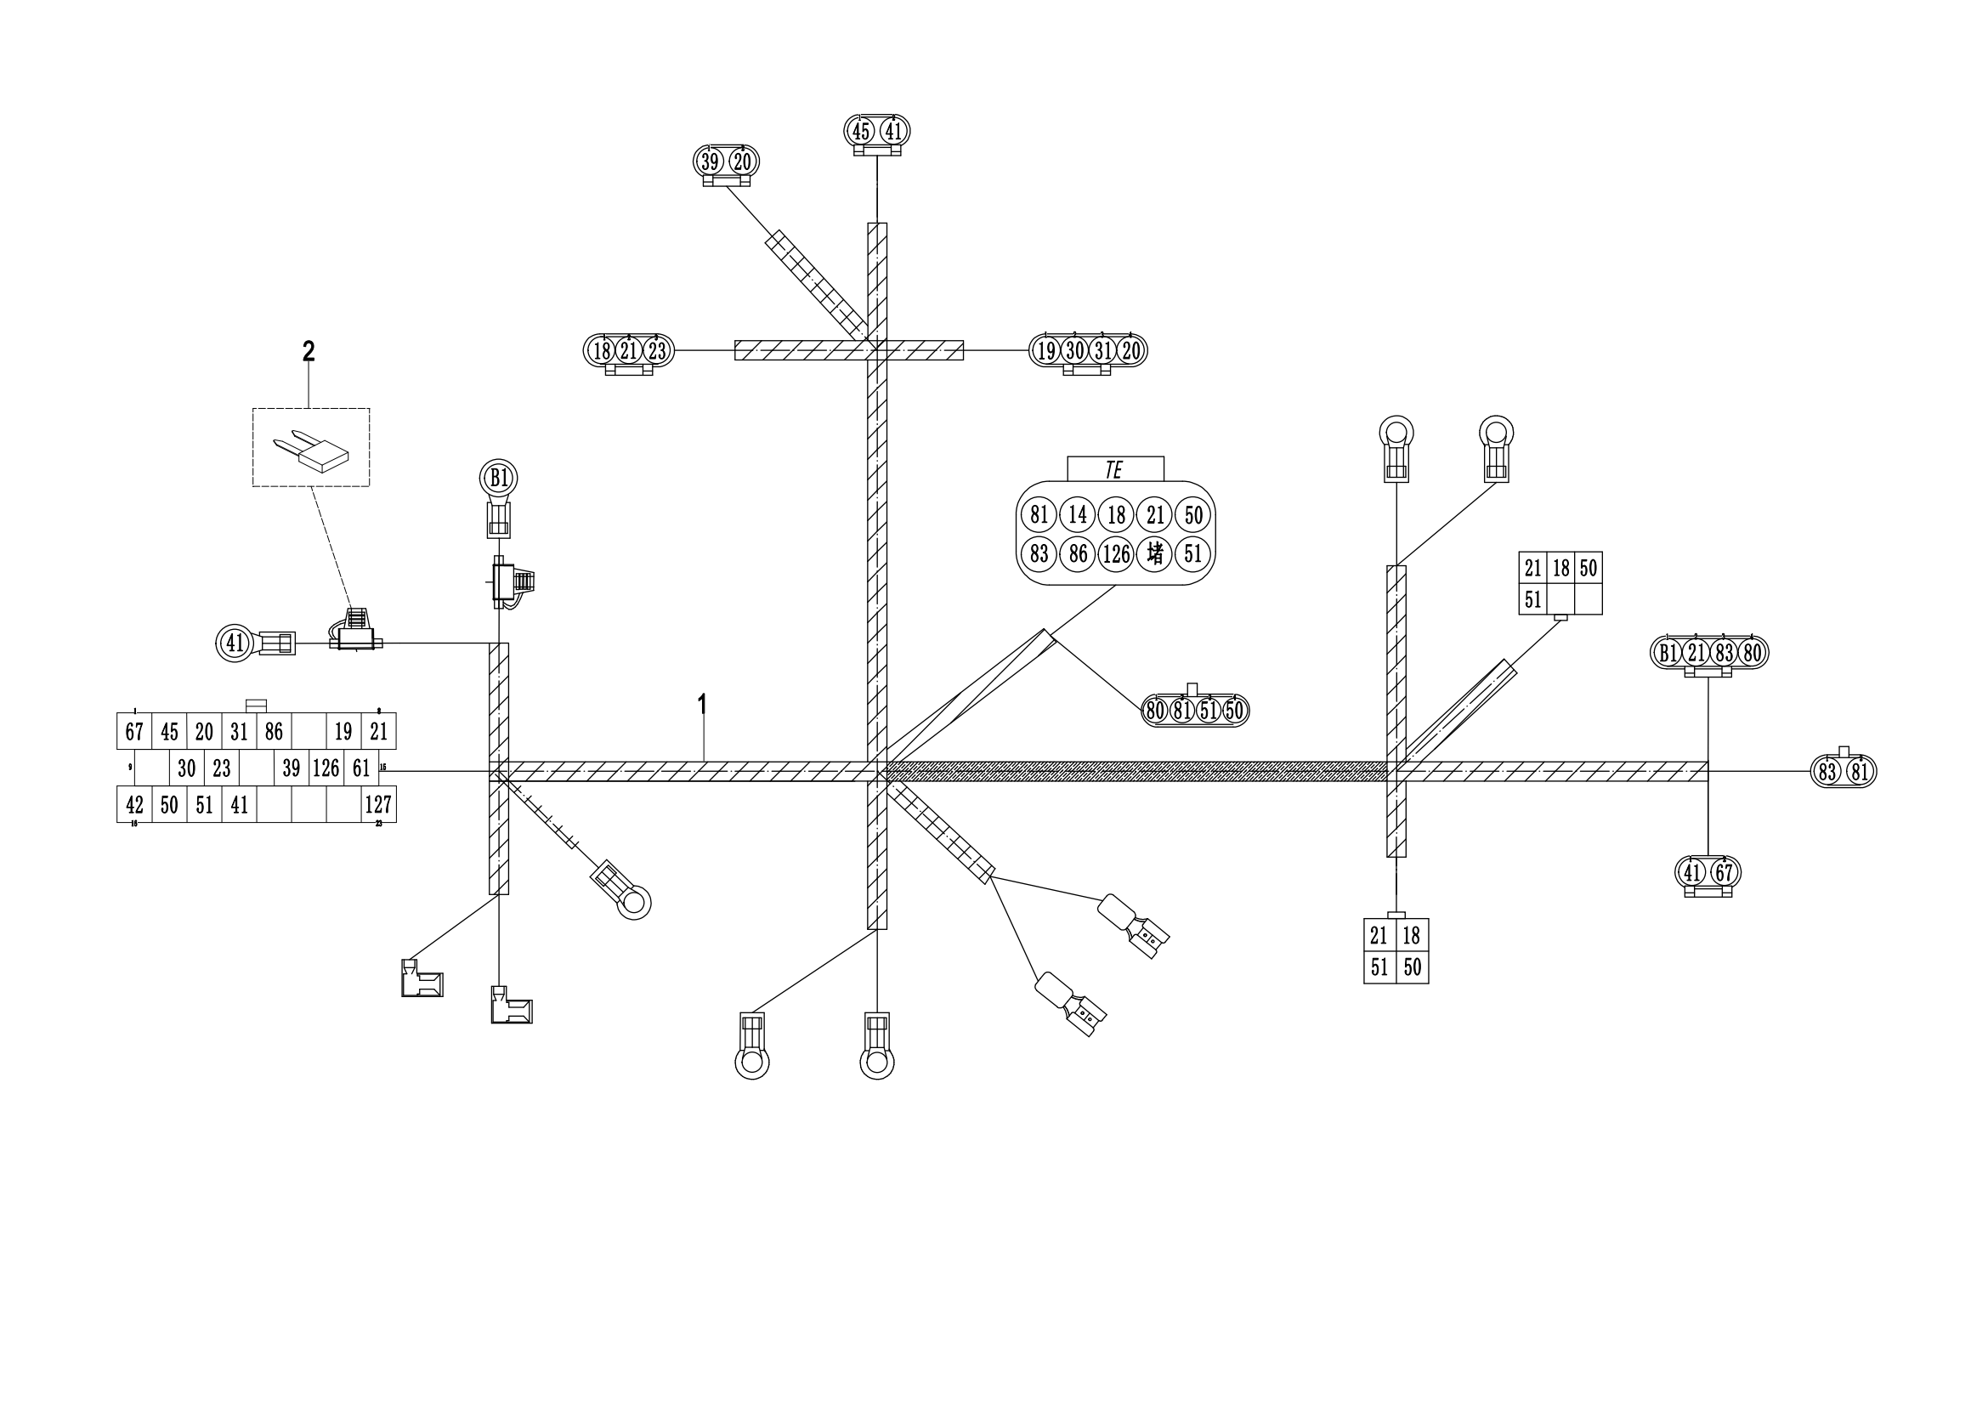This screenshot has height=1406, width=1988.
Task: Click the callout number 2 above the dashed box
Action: click(x=309, y=352)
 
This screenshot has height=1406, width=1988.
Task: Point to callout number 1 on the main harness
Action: click(x=702, y=705)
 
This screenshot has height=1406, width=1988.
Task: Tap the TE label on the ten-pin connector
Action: click(x=1114, y=470)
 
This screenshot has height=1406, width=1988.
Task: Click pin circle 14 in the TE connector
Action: click(x=1077, y=515)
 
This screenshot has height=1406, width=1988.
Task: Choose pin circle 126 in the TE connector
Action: click(x=1116, y=553)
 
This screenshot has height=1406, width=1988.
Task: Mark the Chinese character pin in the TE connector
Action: click(x=1155, y=553)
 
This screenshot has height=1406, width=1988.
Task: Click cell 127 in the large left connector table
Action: click(x=378, y=804)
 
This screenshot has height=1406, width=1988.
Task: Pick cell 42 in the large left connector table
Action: click(x=134, y=804)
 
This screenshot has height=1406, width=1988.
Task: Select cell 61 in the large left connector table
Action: click(x=361, y=768)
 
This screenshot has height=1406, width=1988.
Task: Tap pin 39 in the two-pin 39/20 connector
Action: click(x=711, y=162)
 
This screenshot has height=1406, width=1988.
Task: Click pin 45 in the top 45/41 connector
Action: click(x=861, y=132)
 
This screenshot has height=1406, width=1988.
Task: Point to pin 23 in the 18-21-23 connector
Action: click(x=657, y=350)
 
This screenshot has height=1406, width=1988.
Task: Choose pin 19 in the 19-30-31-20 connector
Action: click(x=1047, y=350)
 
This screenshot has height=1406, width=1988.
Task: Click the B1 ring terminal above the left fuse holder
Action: click(x=499, y=478)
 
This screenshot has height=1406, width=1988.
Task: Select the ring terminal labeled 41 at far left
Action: click(x=235, y=643)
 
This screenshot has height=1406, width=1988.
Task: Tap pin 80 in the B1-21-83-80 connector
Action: click(x=1752, y=653)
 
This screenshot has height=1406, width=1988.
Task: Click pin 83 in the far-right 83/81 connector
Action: click(x=1827, y=771)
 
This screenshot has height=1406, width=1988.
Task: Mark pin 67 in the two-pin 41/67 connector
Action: click(x=1723, y=872)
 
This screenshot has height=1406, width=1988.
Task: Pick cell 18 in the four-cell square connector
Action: click(x=1412, y=936)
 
